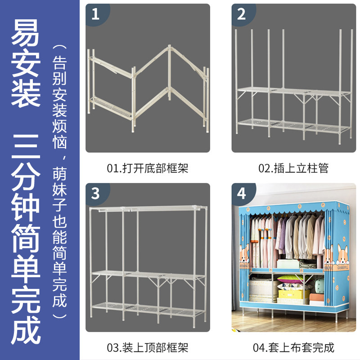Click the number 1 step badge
[x=96, y=14]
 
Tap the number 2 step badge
[x=242, y=14]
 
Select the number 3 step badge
[x=96, y=193]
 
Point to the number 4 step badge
[x=242, y=193]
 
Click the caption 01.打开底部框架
[x=148, y=168]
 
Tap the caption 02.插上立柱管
[x=293, y=168]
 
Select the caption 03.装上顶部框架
[x=148, y=347]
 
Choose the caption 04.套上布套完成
[x=293, y=347]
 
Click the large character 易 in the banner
[x=26, y=32]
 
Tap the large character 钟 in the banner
[x=26, y=208]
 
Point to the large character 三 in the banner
[x=26, y=147]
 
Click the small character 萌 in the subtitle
[x=59, y=174]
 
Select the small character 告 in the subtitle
[x=59, y=63]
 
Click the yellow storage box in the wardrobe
[x=290, y=294]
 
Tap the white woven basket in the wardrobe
[x=261, y=289]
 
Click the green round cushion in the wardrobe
[x=319, y=286]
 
